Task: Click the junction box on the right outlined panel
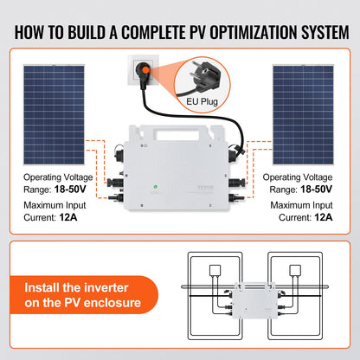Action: tap(270, 281)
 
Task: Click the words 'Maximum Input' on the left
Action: tap(52, 205)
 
